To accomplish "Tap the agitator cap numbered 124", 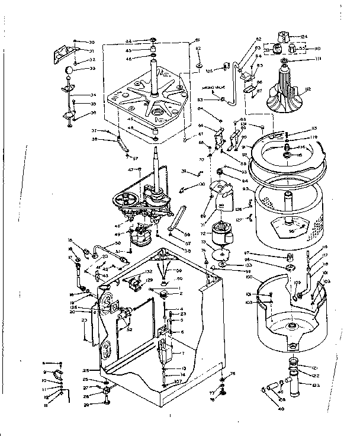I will pyautogui.click(x=290, y=36).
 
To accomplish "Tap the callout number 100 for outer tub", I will pyautogui.click(x=249, y=277).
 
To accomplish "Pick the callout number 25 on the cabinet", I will pyautogui.click(x=85, y=370).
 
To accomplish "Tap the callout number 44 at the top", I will pyautogui.click(x=128, y=41).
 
